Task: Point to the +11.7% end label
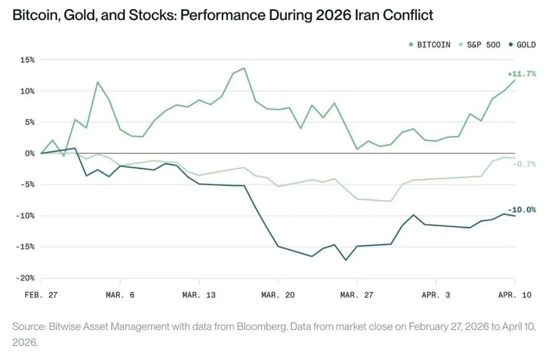[x=521, y=74]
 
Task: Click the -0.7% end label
[x=524, y=164]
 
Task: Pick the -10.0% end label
[x=521, y=210]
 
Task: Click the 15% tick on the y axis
[x=27, y=60]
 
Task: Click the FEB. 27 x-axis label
[x=41, y=295]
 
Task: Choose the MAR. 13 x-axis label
[x=199, y=295]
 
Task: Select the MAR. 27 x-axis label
[x=357, y=295]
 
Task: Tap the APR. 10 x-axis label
[x=515, y=295]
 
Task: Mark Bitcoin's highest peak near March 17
[x=244, y=68]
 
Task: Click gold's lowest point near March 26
[x=346, y=260]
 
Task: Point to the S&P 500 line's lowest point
[x=391, y=201]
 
